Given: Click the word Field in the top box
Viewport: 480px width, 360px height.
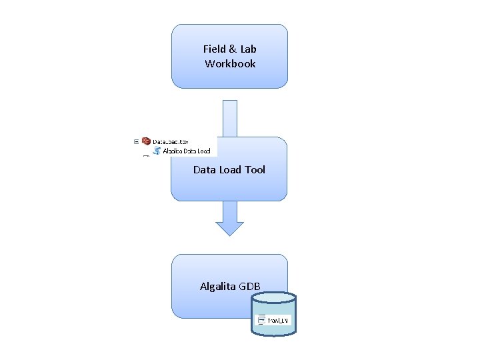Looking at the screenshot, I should pyautogui.click(x=213, y=49).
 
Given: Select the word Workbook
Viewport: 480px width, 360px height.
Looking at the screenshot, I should pyautogui.click(x=230, y=64).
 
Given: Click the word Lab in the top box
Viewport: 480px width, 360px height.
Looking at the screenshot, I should pyautogui.click(x=248, y=49).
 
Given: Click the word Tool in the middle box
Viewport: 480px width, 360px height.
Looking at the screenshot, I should pyautogui.click(x=255, y=170).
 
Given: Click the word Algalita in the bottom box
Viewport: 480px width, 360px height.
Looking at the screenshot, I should pyautogui.click(x=219, y=287).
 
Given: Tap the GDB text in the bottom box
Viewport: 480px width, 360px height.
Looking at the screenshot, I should pyautogui.click(x=251, y=287).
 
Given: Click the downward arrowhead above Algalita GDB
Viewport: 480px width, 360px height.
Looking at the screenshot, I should pyautogui.click(x=230, y=226).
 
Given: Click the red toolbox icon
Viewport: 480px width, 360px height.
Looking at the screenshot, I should pyautogui.click(x=146, y=141).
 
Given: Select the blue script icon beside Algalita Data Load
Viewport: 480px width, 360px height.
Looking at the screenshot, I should pyautogui.click(x=157, y=151).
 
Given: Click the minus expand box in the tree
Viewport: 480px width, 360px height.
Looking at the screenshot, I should pyautogui.click(x=136, y=141).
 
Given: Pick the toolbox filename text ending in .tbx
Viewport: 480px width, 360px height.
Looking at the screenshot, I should pyautogui.click(x=171, y=142).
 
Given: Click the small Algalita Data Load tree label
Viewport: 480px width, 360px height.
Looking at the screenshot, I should pyautogui.click(x=187, y=151).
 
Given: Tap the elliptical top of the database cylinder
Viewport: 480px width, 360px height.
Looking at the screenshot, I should pyautogui.click(x=273, y=297).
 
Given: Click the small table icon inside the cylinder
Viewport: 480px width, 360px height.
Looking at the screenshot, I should pyautogui.click(x=261, y=320).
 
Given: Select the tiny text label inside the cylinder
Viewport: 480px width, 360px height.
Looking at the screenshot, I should pyautogui.click(x=277, y=321).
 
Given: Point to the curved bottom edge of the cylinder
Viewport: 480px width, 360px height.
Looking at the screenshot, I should pyautogui.click(x=273, y=335).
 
